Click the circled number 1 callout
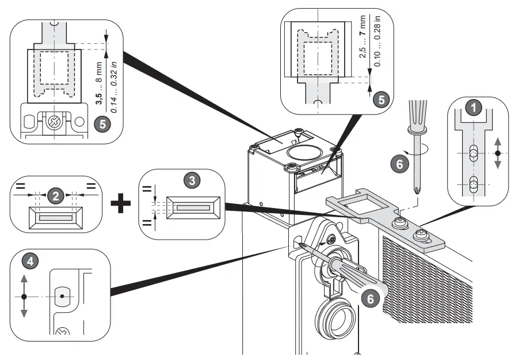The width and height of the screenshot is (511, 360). pos(473,107)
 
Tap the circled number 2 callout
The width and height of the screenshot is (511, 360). pos(56,196)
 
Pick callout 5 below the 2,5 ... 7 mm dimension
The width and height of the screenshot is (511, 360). pos(380,98)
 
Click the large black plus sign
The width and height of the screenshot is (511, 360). pos(120,203)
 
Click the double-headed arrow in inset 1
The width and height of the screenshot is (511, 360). pos(497,154)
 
